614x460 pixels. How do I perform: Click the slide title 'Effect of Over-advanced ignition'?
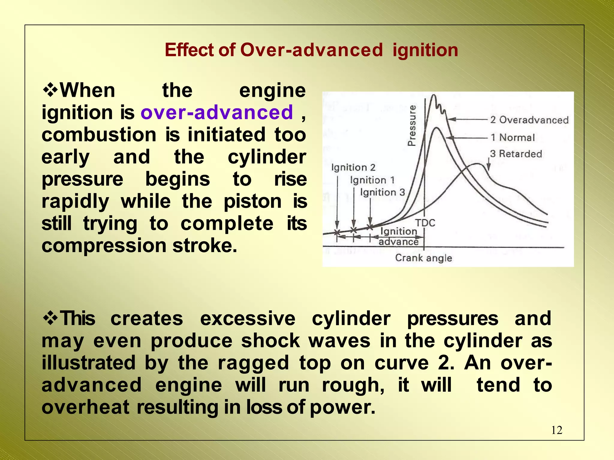(x=311, y=50)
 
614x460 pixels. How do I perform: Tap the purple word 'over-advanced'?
(x=216, y=112)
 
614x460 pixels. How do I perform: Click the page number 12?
(x=556, y=430)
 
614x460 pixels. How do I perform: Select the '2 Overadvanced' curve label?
(x=529, y=120)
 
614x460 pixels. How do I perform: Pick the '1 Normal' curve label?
(x=512, y=138)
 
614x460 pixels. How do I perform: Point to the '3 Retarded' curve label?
(x=516, y=154)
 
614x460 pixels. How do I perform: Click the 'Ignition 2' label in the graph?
(x=353, y=167)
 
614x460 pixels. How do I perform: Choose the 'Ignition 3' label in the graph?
(x=382, y=192)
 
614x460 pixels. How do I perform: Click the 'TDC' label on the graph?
(x=425, y=223)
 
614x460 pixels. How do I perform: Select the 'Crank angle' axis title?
(x=423, y=258)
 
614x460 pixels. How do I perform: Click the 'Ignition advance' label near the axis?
(x=398, y=236)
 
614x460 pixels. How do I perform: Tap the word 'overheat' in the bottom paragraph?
(x=85, y=407)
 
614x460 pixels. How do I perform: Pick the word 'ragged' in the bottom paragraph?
(x=253, y=363)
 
